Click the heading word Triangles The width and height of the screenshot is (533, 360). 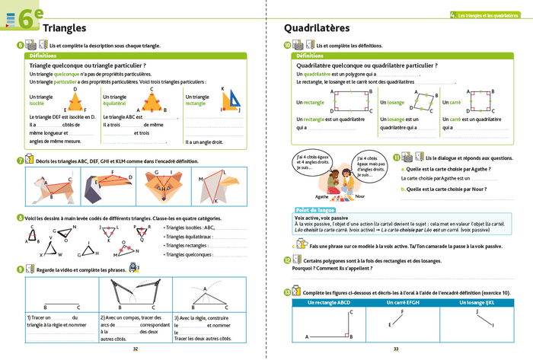tap(64, 28)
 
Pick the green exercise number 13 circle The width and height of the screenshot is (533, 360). tap(286, 292)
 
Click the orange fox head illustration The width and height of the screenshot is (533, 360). tap(163, 187)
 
